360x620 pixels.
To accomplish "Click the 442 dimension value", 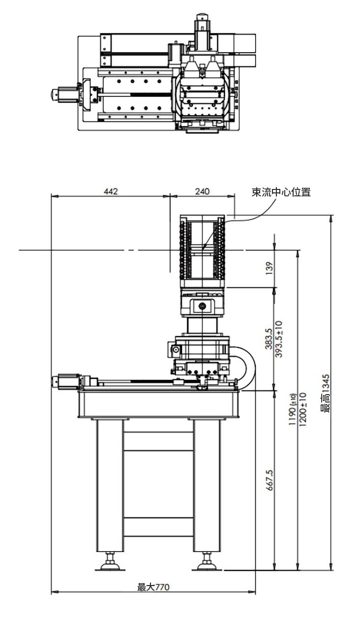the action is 111,191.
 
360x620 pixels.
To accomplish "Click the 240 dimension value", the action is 202,191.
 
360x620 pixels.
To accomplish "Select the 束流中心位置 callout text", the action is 281,192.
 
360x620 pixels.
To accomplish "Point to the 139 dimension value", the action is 269,268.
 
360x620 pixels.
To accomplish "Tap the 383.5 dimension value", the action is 269,339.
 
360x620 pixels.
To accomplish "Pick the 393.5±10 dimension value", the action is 278,339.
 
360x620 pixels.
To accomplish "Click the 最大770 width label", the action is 153,587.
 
